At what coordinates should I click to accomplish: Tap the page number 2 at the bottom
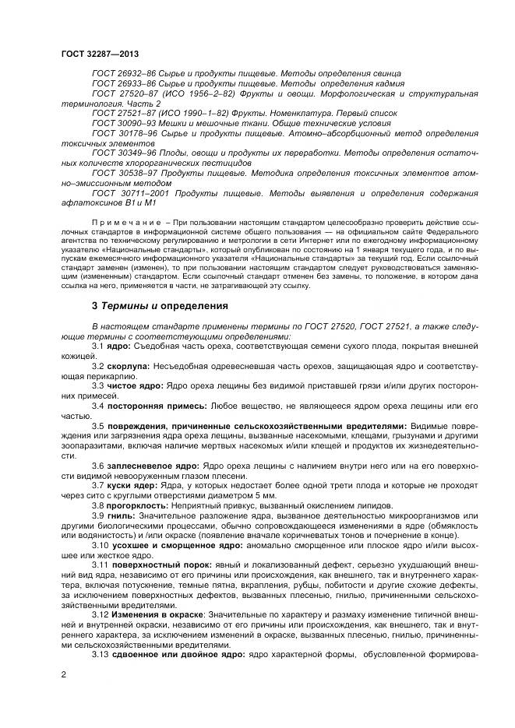pyautogui.click(x=62, y=674)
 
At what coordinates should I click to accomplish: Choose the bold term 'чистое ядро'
pyautogui.click(x=135, y=385)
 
